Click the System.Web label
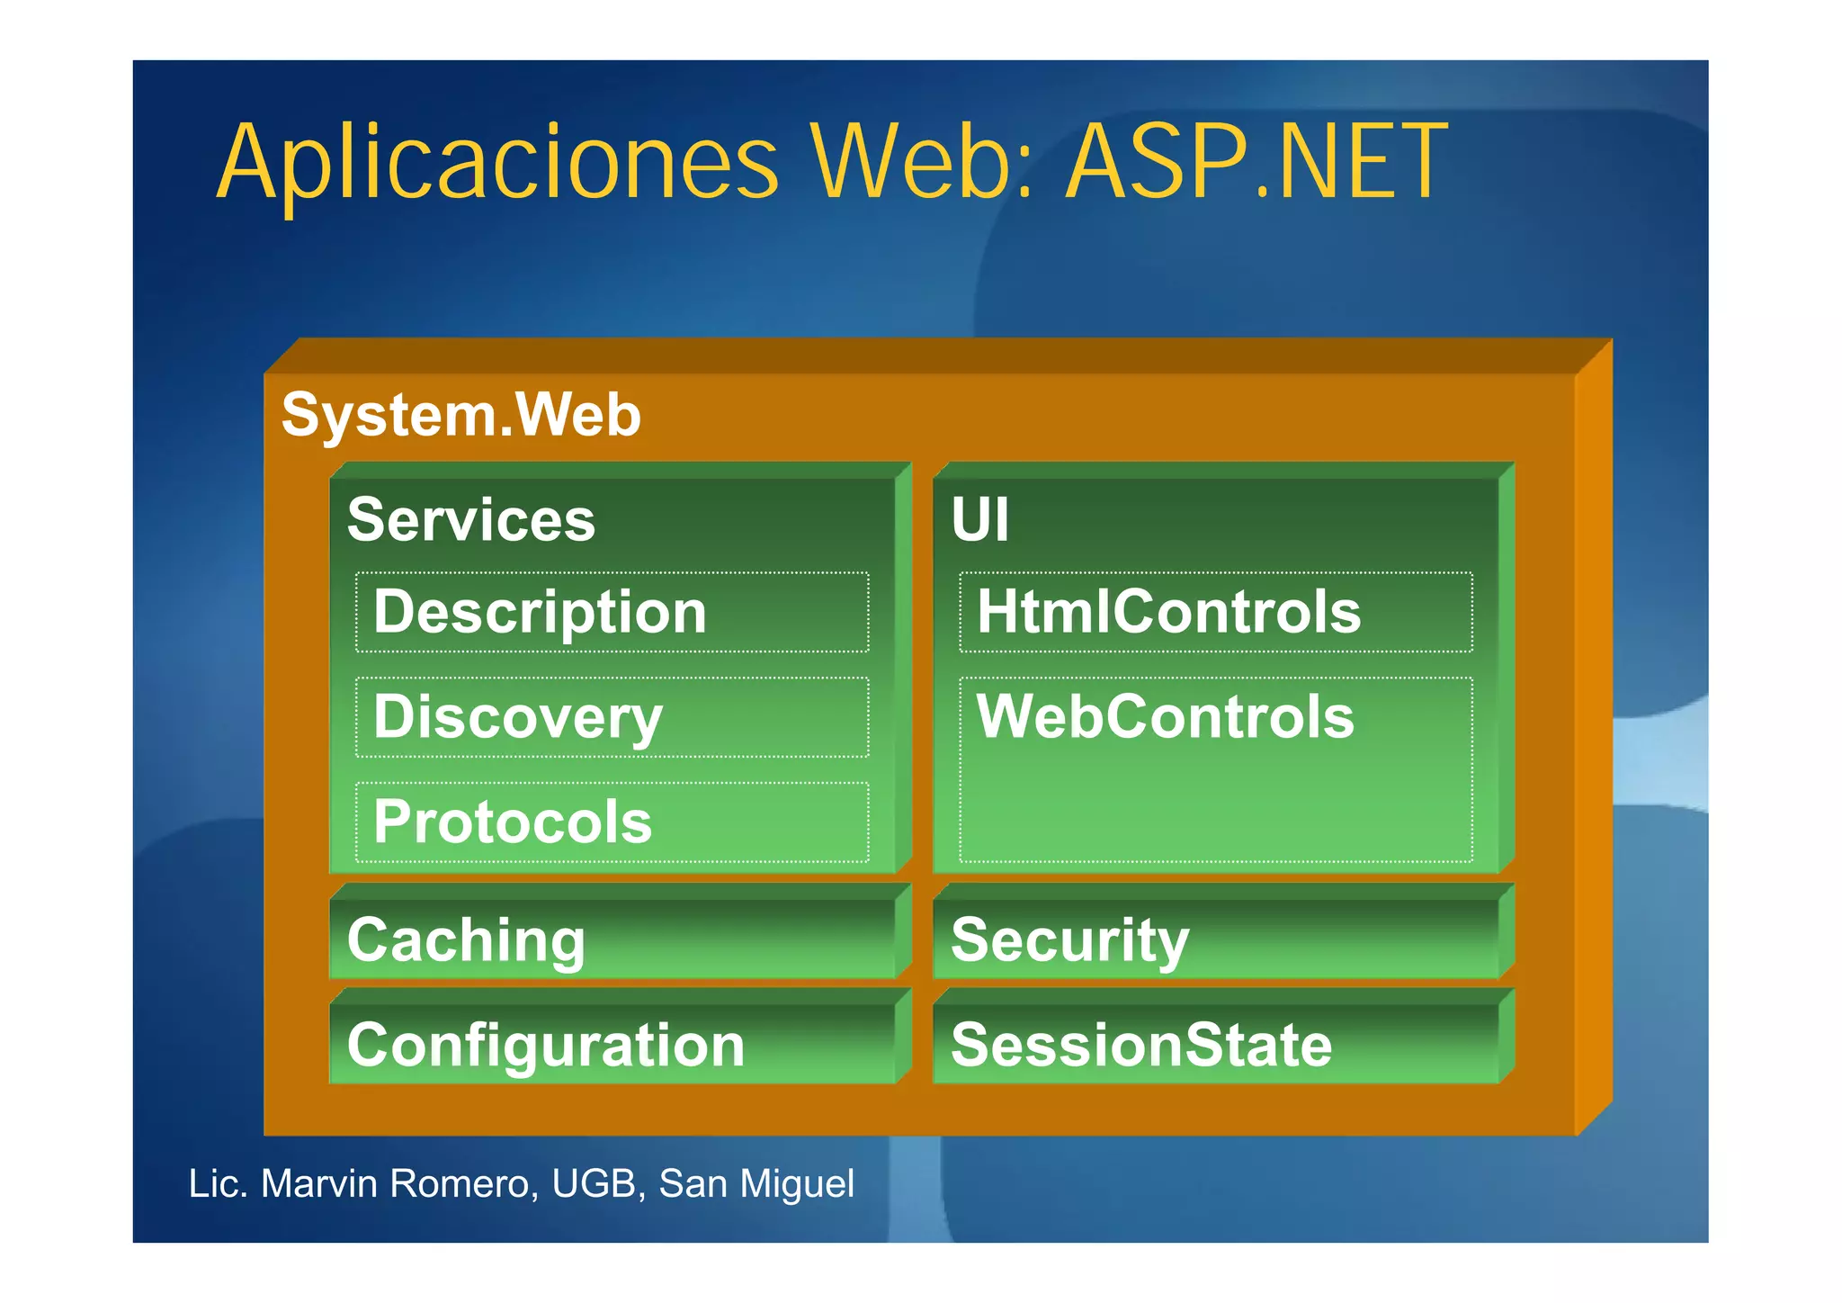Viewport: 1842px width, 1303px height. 461,415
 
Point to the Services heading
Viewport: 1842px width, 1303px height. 471,520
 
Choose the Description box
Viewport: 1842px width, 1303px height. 612,612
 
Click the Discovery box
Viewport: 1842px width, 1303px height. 612,717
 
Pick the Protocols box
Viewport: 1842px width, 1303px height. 612,822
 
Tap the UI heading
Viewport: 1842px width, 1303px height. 980,520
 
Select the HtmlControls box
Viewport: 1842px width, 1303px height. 1215,612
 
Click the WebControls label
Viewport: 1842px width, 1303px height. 1166,717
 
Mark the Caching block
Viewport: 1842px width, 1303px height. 612,939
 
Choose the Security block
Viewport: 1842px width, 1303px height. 1215,939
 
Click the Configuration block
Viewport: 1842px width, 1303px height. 612,1045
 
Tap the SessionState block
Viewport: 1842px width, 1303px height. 1215,1045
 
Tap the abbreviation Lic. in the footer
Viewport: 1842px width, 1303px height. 218,1184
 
